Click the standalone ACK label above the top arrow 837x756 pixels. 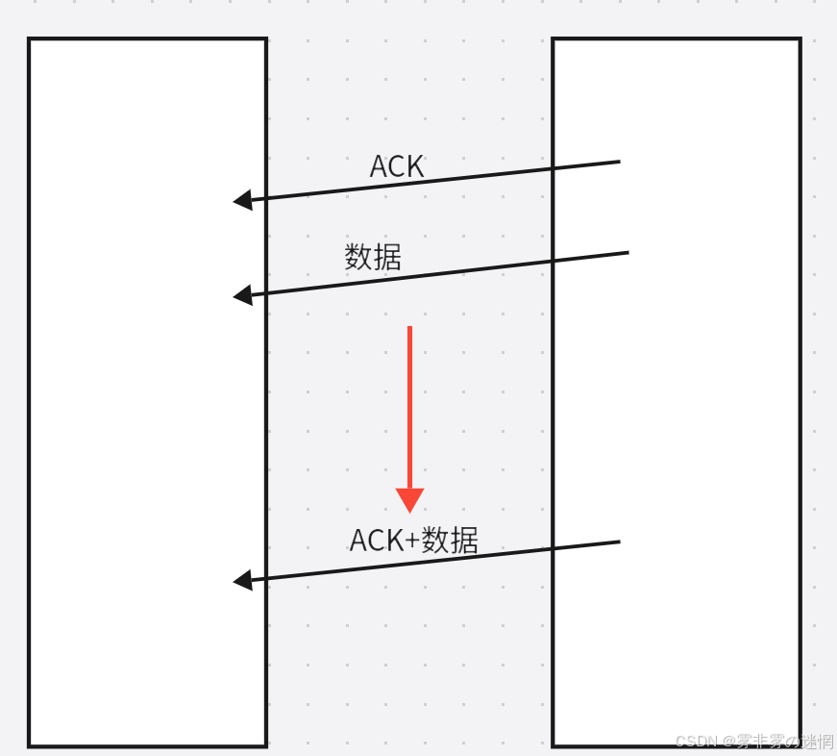(x=397, y=166)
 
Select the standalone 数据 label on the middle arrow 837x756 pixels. (x=373, y=257)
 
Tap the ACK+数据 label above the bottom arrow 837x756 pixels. (x=413, y=540)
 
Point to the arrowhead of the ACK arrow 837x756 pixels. (x=242, y=200)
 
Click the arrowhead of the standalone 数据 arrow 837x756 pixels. (x=242, y=295)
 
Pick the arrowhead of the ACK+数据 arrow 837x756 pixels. (x=242, y=580)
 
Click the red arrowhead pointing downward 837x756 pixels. (x=409, y=499)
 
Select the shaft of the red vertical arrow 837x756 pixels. (x=409, y=404)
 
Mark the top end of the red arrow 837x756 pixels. (x=409, y=329)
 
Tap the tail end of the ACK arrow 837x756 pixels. (x=618, y=163)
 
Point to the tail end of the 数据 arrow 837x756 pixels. (x=626, y=253)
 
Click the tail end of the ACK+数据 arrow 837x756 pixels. (x=618, y=542)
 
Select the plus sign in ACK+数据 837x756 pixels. (x=412, y=542)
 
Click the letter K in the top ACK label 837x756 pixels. (x=414, y=166)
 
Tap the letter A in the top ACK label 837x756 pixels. (x=380, y=166)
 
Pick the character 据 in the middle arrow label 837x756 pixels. (x=387, y=257)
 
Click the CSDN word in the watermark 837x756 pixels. (x=697, y=742)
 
